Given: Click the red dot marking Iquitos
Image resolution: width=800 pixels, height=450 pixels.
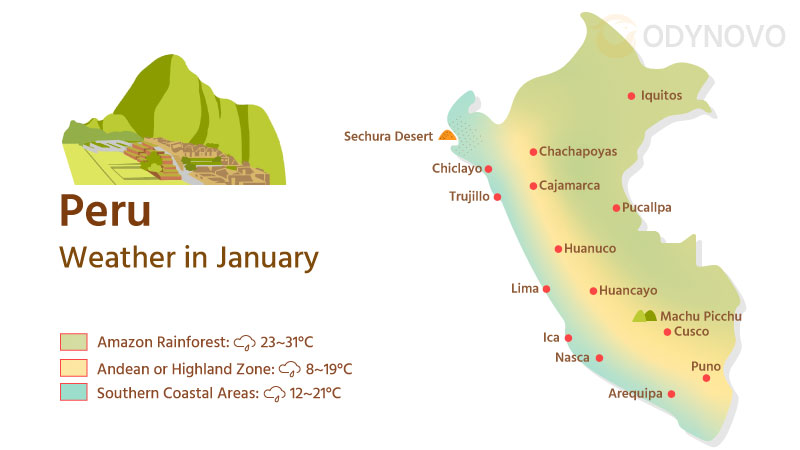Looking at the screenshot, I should pos(631,96).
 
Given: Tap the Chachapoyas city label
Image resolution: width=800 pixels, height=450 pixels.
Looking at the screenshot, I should pos(578,152).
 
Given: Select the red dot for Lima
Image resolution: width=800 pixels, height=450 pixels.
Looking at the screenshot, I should pos(547,289).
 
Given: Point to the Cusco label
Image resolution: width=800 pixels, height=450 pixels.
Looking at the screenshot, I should pos(692,331).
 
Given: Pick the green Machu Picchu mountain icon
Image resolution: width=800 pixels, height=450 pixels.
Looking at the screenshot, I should pos(645,316).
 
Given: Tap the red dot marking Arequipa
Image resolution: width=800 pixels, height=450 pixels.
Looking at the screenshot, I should pos(671,394).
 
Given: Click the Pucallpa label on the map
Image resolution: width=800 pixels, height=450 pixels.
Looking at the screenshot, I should pos(647,208).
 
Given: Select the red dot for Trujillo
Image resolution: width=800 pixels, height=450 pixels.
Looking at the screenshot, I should pos(498,197).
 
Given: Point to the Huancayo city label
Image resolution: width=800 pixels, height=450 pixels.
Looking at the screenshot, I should pos(628,291).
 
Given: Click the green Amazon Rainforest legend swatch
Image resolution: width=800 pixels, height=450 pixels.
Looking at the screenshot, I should pos(73,342).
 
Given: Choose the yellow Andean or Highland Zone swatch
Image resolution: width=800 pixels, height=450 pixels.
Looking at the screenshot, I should pos(73,368).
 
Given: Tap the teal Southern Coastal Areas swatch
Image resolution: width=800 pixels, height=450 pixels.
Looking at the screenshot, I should pos(73,393).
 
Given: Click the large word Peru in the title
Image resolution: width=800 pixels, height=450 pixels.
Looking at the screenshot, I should pos(105,211).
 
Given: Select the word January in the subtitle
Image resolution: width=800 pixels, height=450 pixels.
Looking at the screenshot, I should pos(271,257).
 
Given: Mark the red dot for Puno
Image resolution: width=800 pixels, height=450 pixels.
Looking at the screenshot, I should pos(706,378).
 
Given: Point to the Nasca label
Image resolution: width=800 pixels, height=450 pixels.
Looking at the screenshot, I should pos(573,357).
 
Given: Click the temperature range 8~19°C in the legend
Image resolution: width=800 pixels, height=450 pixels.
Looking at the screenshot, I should pos(329,369).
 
